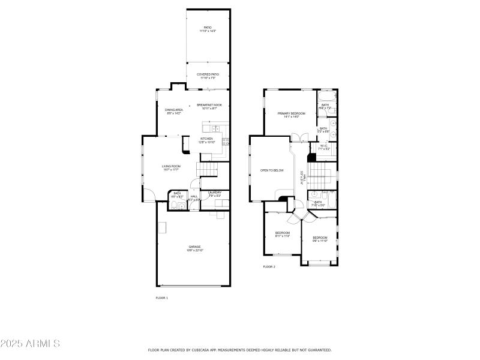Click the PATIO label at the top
coord(208,28)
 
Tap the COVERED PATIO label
coord(208,75)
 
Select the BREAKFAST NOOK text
coord(209,106)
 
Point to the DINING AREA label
coord(174,110)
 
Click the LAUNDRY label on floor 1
coord(215,193)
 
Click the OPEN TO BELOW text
coord(272,170)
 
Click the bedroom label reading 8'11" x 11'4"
coord(283,234)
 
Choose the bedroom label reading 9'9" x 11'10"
coord(320,239)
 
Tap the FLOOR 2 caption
coord(269,266)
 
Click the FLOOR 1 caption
coord(162,298)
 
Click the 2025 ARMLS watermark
coord(30,344)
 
